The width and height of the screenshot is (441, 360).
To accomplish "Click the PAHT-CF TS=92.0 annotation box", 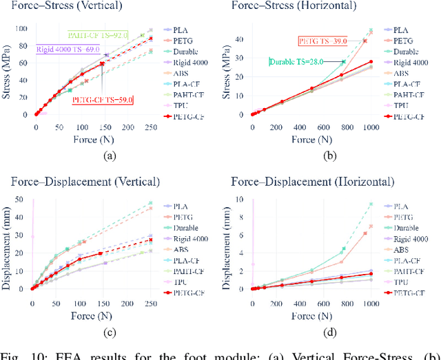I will pyautogui.click(x=97, y=34).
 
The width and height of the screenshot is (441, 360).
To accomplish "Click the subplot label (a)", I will pyautogui.click(x=109, y=156).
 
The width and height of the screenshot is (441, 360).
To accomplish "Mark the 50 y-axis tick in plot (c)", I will pyautogui.click(x=23, y=200).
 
